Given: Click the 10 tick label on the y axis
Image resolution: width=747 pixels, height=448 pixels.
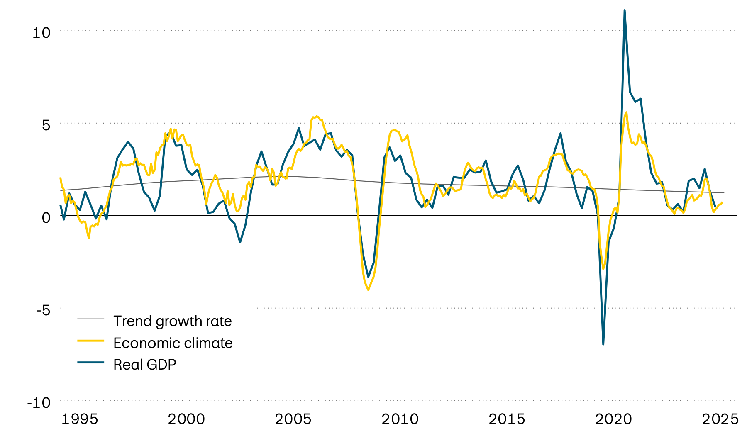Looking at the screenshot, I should click(x=41, y=32).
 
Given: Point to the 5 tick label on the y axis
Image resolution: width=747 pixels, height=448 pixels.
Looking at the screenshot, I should click(x=46, y=125).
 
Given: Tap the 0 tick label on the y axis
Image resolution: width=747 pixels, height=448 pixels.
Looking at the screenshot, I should click(x=46, y=217).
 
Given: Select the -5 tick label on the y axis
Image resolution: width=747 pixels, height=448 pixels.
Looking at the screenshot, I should click(x=41, y=310).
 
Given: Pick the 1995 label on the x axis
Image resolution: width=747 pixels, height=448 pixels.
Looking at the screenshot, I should click(x=80, y=419).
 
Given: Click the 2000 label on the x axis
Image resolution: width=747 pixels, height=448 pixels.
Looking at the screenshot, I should click(x=186, y=419).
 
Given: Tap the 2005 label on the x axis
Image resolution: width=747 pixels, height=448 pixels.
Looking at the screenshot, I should click(x=293, y=419).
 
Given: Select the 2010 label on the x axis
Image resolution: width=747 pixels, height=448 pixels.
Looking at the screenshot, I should click(x=400, y=419).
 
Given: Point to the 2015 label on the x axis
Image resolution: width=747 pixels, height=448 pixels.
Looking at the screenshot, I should click(x=507, y=419).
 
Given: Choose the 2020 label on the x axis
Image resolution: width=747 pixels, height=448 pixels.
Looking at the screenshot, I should click(x=613, y=419).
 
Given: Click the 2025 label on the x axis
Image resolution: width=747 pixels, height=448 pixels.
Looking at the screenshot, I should click(x=720, y=419).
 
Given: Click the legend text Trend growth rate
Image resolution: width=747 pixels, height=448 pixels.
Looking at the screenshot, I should click(x=173, y=321).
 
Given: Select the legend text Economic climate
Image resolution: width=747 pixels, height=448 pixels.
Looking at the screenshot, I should click(x=173, y=343).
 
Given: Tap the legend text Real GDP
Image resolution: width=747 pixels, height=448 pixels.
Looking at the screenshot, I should click(x=145, y=365).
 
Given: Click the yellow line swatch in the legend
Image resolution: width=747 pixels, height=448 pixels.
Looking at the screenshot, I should click(x=90, y=341).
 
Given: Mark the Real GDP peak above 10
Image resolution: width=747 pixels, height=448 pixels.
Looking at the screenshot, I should click(x=625, y=10).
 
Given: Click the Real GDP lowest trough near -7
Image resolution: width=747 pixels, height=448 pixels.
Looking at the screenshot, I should click(x=603, y=344).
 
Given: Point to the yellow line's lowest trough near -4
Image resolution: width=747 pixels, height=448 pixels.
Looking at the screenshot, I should click(x=368, y=290).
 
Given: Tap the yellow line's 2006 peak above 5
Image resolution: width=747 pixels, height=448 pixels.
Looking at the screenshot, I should click(x=316, y=117).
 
